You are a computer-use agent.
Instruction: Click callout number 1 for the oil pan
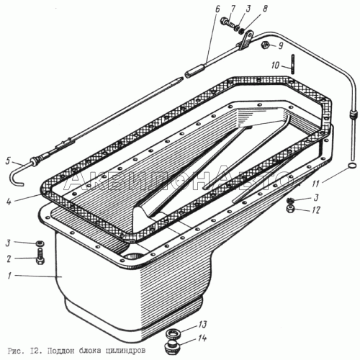click(9, 276)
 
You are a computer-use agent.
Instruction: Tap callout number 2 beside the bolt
click(9, 258)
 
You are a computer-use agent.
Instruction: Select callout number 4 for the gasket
click(9, 202)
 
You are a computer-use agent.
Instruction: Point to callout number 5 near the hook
click(8, 161)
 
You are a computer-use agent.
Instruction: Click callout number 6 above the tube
click(217, 9)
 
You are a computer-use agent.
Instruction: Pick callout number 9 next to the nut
click(280, 45)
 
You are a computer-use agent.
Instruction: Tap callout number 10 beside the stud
click(276, 65)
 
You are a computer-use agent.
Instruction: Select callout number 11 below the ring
click(316, 184)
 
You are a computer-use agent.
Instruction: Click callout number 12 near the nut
click(316, 210)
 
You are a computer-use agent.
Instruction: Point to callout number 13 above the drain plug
click(202, 324)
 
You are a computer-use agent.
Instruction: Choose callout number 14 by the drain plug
click(202, 338)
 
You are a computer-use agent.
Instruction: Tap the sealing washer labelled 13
click(172, 333)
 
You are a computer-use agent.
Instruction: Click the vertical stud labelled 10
click(293, 65)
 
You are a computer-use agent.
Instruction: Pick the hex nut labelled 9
click(265, 45)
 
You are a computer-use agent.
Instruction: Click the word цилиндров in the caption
click(125, 351)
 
